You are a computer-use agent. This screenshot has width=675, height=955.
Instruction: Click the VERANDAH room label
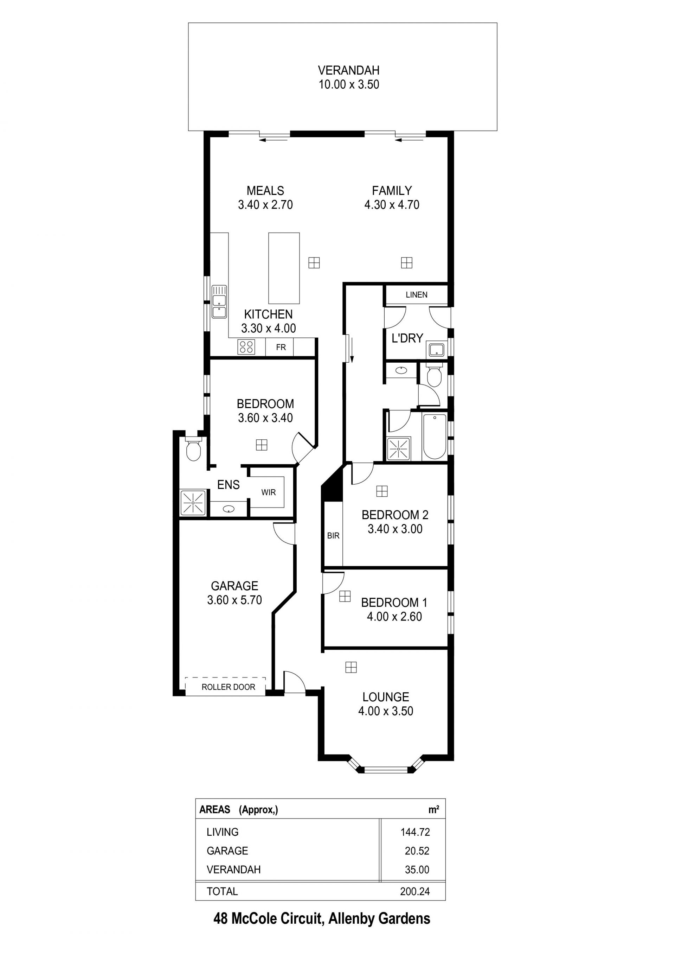point(349,70)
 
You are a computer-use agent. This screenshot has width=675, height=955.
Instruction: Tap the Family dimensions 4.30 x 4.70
point(392,205)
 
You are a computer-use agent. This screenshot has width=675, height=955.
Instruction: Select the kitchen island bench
point(284,268)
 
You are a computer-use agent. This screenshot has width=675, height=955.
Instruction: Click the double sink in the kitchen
point(219,301)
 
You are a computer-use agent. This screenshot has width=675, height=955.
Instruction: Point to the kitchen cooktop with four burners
point(246,347)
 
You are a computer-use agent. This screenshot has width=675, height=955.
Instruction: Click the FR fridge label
point(281,347)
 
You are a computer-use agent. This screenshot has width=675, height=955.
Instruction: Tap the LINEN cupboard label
point(417,295)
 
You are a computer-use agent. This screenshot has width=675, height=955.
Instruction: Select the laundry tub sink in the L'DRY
point(436,350)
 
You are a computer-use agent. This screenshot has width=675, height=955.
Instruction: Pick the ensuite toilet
point(193,449)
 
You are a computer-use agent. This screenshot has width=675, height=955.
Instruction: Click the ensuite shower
point(193,503)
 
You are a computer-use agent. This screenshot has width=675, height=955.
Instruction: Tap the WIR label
point(269,492)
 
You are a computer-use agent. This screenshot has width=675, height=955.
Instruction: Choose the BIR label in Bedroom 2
point(333,536)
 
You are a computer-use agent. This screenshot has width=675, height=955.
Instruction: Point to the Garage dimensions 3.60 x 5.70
point(234,600)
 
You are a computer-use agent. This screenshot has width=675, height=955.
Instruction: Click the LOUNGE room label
point(386,697)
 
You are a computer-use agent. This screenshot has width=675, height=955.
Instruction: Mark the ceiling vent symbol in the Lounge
point(351,667)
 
